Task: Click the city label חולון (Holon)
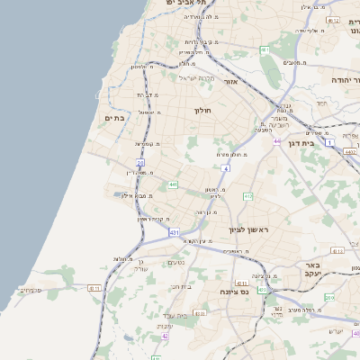pyautogui.click(x=201, y=110)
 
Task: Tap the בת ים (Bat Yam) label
pyautogui.click(x=113, y=118)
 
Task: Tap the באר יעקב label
pyautogui.click(x=313, y=271)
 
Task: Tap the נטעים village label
pyautogui.click(x=177, y=263)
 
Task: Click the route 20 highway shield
pyautogui.click(x=140, y=162)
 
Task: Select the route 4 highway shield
pyautogui.click(x=226, y=168)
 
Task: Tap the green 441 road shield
pyautogui.click(x=172, y=184)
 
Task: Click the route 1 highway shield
pyautogui.click(x=330, y=142)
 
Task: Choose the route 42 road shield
pyautogui.click(x=166, y=336)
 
